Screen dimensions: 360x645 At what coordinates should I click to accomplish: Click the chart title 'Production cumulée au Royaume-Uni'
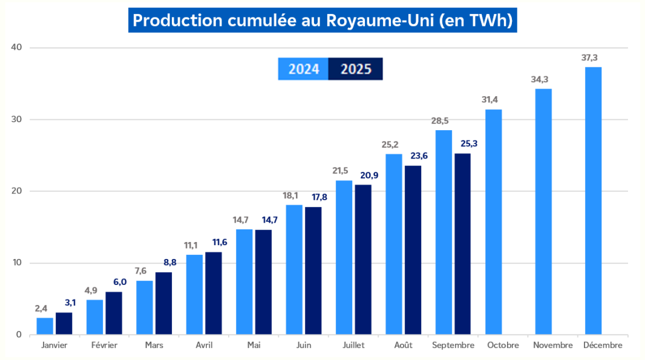click(x=322, y=21)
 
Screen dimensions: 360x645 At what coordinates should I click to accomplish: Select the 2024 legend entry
click(x=303, y=69)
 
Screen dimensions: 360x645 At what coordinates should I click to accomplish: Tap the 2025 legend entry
click(x=355, y=69)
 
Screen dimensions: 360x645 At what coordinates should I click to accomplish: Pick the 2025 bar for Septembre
click(x=462, y=244)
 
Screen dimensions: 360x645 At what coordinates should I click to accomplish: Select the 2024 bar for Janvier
click(x=45, y=326)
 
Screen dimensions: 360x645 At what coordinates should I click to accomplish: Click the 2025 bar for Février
click(x=114, y=313)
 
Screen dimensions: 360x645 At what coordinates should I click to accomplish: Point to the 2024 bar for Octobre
click(x=494, y=221)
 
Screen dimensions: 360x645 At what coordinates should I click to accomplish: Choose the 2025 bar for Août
click(x=413, y=250)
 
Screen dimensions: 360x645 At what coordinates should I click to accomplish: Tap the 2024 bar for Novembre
click(x=543, y=211)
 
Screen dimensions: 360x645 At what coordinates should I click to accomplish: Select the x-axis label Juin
click(x=303, y=345)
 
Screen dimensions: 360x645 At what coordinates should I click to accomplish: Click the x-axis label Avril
click(x=203, y=345)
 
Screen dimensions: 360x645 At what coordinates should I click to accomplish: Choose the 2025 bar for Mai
click(x=263, y=282)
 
